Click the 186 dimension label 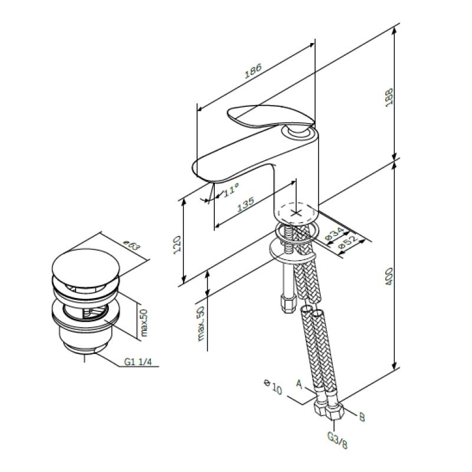[x=253, y=71]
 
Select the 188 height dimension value [x=389, y=97]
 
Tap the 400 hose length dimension [x=389, y=277]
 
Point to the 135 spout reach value [x=246, y=204]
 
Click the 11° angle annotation [x=231, y=190]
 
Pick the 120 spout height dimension [x=177, y=245]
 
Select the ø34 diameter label [x=335, y=234]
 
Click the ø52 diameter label [x=348, y=241]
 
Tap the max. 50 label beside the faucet [x=201, y=323]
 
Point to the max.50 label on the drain [x=144, y=322]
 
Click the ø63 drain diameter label [x=132, y=245]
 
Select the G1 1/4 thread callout [x=137, y=362]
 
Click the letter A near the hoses [x=299, y=384]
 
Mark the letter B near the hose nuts [x=362, y=417]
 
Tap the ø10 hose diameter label [x=273, y=387]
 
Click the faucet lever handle [x=271, y=117]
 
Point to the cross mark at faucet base [x=296, y=213]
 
